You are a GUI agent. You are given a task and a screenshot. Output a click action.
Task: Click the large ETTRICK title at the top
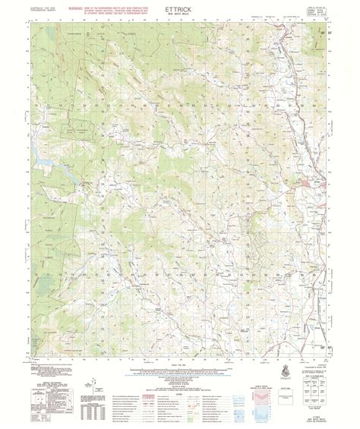[x=179, y=10]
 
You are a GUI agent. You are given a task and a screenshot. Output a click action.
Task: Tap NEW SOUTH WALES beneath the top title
[x=179, y=18]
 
